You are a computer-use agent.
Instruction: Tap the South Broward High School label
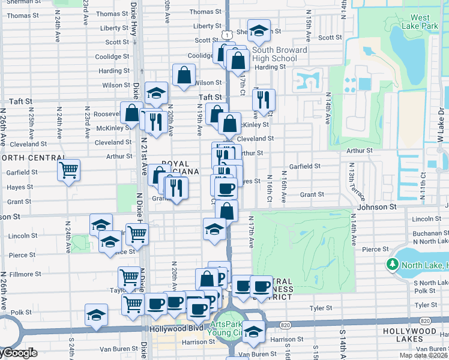279,54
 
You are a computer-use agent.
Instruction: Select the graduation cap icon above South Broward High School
259,30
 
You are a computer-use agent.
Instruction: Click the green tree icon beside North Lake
393,263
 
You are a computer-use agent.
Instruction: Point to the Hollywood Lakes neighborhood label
420,335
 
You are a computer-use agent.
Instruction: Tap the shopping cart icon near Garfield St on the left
69,170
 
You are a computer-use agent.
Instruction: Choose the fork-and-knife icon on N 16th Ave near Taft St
263,100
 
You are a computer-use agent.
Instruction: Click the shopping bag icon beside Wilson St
184,76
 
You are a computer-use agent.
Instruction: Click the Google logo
18,353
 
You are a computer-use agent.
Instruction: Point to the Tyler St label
321,308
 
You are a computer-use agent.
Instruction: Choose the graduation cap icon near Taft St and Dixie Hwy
156,92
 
